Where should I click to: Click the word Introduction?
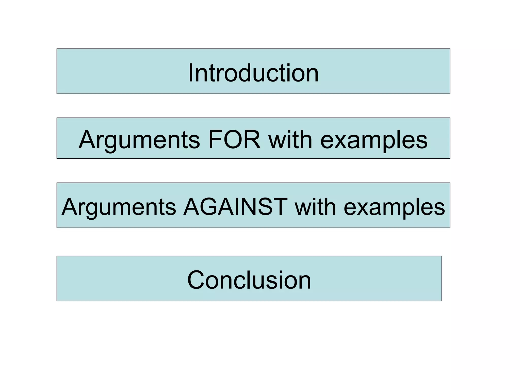pos(253,73)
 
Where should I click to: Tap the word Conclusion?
pos(249,280)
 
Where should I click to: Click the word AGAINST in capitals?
pos(235,207)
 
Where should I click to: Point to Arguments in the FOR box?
pos(139,140)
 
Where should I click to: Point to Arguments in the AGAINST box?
pos(119,207)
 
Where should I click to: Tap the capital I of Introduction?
pos(190,73)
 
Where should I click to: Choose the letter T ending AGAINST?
pos(279,207)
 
